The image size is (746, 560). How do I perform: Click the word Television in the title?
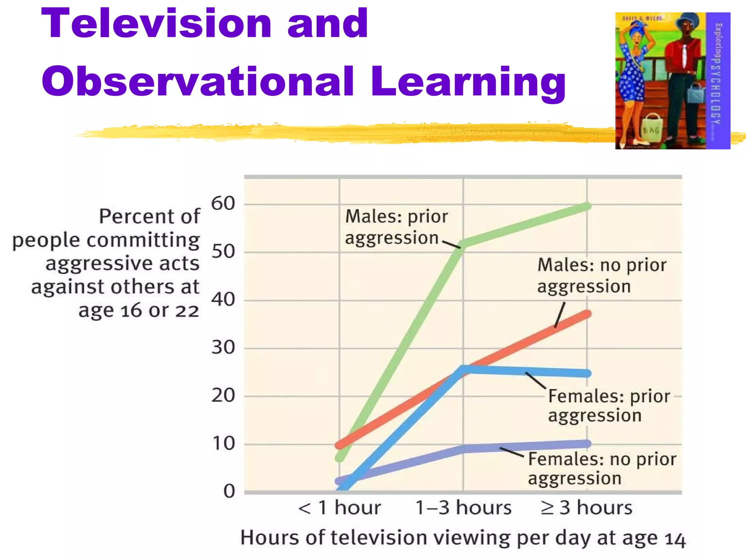click(x=157, y=24)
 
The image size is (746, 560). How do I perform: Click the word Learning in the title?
click(x=468, y=82)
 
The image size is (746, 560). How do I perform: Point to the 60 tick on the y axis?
click(x=223, y=203)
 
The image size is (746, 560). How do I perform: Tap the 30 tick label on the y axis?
click(x=223, y=347)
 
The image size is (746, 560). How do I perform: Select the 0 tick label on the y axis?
click(x=229, y=491)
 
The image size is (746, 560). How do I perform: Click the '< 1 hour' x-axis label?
click(x=339, y=507)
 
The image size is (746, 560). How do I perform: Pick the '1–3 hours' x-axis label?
click(x=463, y=507)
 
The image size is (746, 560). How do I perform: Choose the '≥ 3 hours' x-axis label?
click(x=586, y=507)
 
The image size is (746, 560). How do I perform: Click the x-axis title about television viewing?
click(x=463, y=538)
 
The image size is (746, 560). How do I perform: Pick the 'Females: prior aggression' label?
click(x=608, y=405)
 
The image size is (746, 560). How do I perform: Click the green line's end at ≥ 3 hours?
click(x=586, y=206)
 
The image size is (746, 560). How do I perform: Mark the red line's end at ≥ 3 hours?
click(x=586, y=314)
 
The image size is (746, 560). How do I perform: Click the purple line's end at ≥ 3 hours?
click(x=586, y=444)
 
